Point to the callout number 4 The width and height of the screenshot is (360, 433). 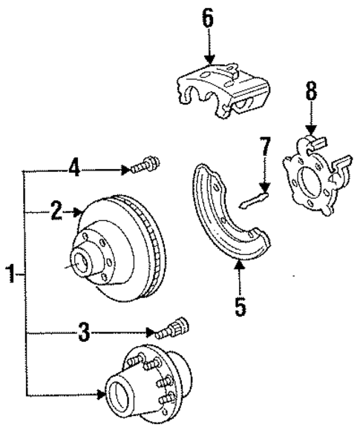coord(74,170)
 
